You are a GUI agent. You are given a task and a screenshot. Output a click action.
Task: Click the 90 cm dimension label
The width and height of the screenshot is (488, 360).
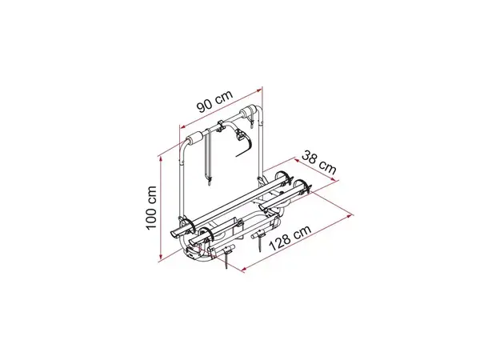pyautogui.click(x=214, y=101)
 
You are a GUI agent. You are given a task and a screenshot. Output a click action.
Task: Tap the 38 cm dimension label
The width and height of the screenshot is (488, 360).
pyautogui.click(x=319, y=162)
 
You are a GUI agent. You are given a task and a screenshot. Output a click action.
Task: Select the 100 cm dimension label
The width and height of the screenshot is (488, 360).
pyautogui.click(x=151, y=207)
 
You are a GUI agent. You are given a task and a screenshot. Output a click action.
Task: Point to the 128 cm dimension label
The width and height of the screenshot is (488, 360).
pyautogui.click(x=290, y=238)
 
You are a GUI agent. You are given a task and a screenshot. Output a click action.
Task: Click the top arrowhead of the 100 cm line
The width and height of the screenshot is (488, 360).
pyautogui.click(x=161, y=159)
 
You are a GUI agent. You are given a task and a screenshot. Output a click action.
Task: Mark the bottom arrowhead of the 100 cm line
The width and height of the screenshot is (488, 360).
pyautogui.click(x=161, y=256)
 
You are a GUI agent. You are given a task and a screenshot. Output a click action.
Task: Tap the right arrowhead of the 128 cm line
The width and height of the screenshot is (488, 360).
pyautogui.click(x=350, y=215)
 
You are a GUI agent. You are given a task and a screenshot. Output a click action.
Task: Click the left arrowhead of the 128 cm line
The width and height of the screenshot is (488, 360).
pyautogui.click(x=246, y=269)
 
